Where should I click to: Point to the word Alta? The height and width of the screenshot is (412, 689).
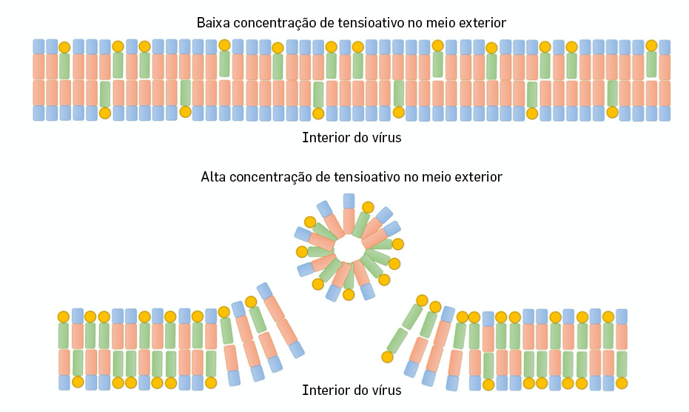215,177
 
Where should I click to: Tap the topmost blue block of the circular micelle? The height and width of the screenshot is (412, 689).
349,201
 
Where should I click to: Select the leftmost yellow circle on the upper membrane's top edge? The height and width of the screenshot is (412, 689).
64,47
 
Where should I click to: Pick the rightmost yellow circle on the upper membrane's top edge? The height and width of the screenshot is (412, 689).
651,46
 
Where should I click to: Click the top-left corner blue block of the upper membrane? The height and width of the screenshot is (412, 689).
38,46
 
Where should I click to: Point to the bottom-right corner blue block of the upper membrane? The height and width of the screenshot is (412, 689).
664,113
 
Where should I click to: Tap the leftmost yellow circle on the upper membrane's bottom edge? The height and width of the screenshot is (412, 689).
105,113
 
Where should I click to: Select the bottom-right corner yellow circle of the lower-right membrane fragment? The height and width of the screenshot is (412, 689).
622,384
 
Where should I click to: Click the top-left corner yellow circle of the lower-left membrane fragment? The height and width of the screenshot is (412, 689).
64,316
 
